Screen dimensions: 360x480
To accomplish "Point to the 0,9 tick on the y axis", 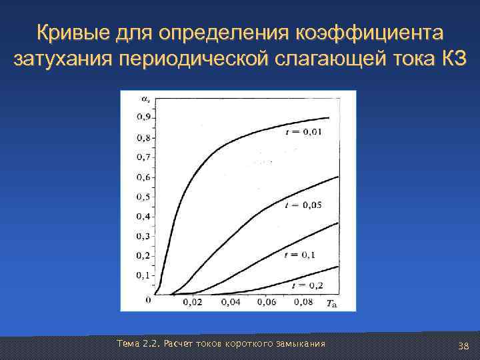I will click(x=143, y=118).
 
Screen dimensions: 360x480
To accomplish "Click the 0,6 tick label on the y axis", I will click(x=143, y=177).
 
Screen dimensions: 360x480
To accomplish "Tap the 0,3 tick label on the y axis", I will click(x=143, y=236).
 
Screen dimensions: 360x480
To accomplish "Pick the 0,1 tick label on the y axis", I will click(x=143, y=275).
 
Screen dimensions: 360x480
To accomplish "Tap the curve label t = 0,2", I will click(x=306, y=285).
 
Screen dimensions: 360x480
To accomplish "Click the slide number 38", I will click(x=464, y=345).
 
